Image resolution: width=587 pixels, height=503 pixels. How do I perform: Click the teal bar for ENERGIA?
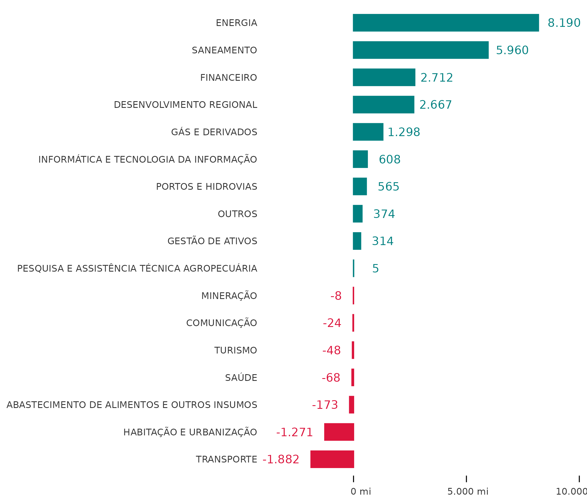pos(446,23)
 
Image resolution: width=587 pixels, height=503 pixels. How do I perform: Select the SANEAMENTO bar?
pos(420,50)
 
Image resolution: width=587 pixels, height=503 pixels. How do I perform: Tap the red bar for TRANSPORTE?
pos(332,459)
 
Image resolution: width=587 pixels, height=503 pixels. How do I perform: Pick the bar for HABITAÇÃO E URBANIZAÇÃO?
pos(339,432)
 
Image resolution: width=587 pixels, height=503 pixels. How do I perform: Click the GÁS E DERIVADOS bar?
pos(368,132)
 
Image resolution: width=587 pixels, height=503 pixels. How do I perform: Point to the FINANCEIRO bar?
pos(384,77)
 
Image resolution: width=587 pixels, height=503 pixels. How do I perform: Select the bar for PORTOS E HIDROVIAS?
pos(359,186)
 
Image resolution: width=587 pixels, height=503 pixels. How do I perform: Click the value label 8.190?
pos(564,23)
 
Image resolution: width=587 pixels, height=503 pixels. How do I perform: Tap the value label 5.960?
pos(512,50)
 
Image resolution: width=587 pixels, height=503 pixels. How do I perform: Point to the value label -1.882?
pos(281,459)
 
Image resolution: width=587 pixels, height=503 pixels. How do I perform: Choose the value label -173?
pos(325,405)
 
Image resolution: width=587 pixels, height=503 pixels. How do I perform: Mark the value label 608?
pos(390,160)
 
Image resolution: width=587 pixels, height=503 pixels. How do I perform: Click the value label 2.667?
pos(435,105)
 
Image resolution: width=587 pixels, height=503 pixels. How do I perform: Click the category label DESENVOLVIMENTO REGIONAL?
pos(186,105)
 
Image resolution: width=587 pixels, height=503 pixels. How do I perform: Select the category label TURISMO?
pos(235,350)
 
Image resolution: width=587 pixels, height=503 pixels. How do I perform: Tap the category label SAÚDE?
pos(241,378)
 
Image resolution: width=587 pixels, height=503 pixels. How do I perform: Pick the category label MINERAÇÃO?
pos(229,296)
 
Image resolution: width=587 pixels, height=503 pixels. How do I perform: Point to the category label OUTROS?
pos(237,214)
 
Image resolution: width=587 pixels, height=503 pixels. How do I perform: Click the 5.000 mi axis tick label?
pos(468,492)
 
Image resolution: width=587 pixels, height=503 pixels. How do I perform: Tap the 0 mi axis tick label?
pos(361,492)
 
